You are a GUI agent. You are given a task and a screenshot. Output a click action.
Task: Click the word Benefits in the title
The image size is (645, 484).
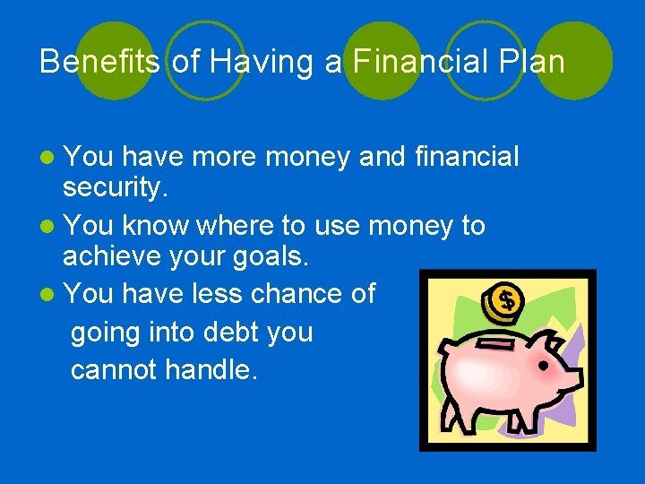coord(99,62)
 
